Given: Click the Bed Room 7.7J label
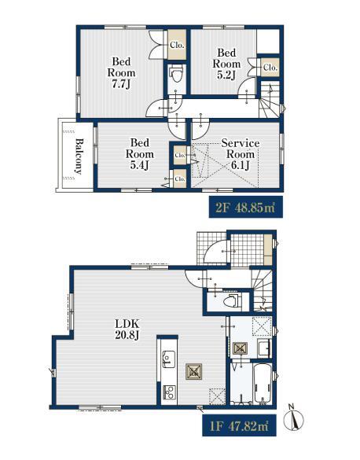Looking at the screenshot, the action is point(121,73).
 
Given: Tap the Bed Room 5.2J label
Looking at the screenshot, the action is point(226,64).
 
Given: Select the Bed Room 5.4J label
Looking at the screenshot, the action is point(140,154).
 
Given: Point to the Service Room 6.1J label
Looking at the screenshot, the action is point(241,154).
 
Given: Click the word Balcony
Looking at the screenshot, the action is point(79,156).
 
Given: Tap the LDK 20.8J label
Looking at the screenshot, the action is point(127,329).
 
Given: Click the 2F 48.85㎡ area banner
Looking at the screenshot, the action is point(246,207).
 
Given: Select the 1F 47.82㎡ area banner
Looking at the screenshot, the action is point(239,425).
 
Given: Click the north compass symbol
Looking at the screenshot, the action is point(293,420).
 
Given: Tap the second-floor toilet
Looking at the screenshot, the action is point(177,75).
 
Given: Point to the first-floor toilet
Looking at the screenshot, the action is point(232,301).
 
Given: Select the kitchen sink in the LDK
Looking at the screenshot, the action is point(168,359).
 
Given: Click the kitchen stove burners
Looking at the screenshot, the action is point(169,392).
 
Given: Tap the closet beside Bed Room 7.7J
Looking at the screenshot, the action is point(177,45).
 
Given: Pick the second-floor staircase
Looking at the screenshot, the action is point(270,100).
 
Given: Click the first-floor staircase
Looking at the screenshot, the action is point(263,290).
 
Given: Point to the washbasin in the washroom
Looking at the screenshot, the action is point(264,348).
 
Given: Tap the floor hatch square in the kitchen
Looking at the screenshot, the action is point(218,396).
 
